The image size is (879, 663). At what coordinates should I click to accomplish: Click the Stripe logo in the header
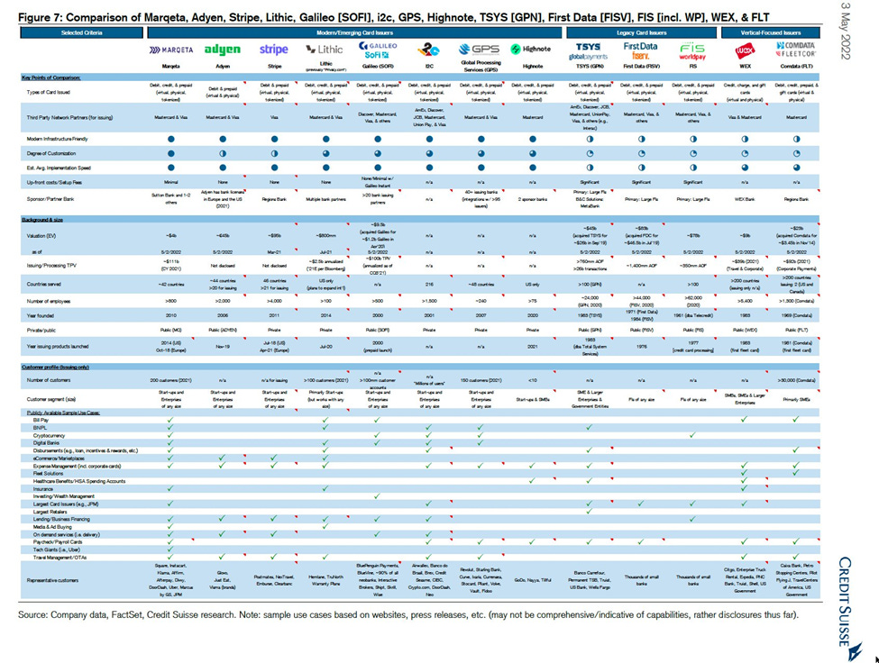point(274,50)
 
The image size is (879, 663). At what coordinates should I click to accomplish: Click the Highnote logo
point(533,49)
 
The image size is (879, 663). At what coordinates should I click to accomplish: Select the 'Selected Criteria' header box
point(80,32)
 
